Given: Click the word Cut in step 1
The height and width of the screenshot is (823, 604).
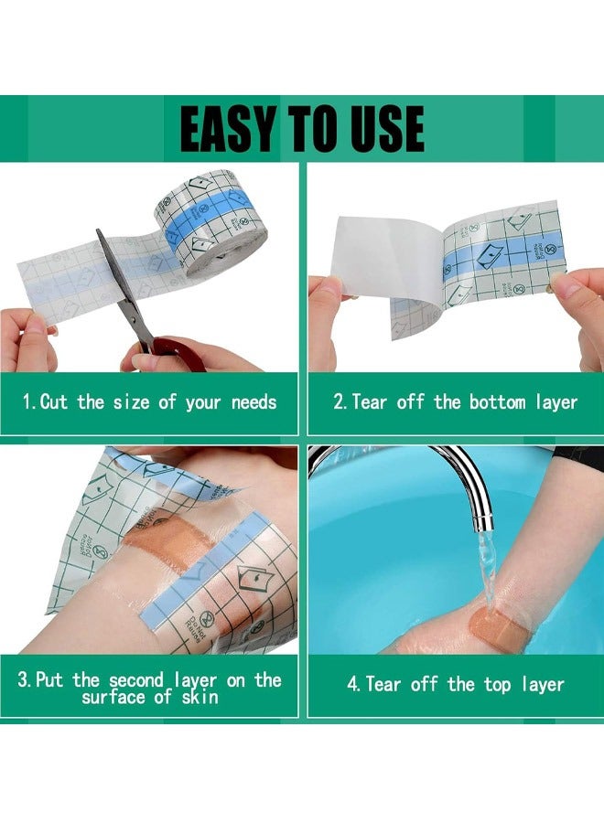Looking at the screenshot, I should click(54, 401).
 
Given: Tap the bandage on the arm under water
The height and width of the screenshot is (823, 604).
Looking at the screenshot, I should click(492, 627).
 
